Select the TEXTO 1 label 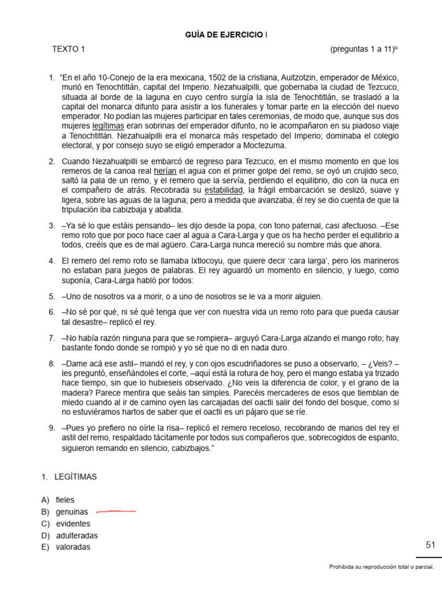[68, 49]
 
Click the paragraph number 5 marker [52, 297]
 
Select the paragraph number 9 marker [52, 429]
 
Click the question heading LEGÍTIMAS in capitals [76, 477]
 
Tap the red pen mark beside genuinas [116, 511]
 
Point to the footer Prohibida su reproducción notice [381, 567]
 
